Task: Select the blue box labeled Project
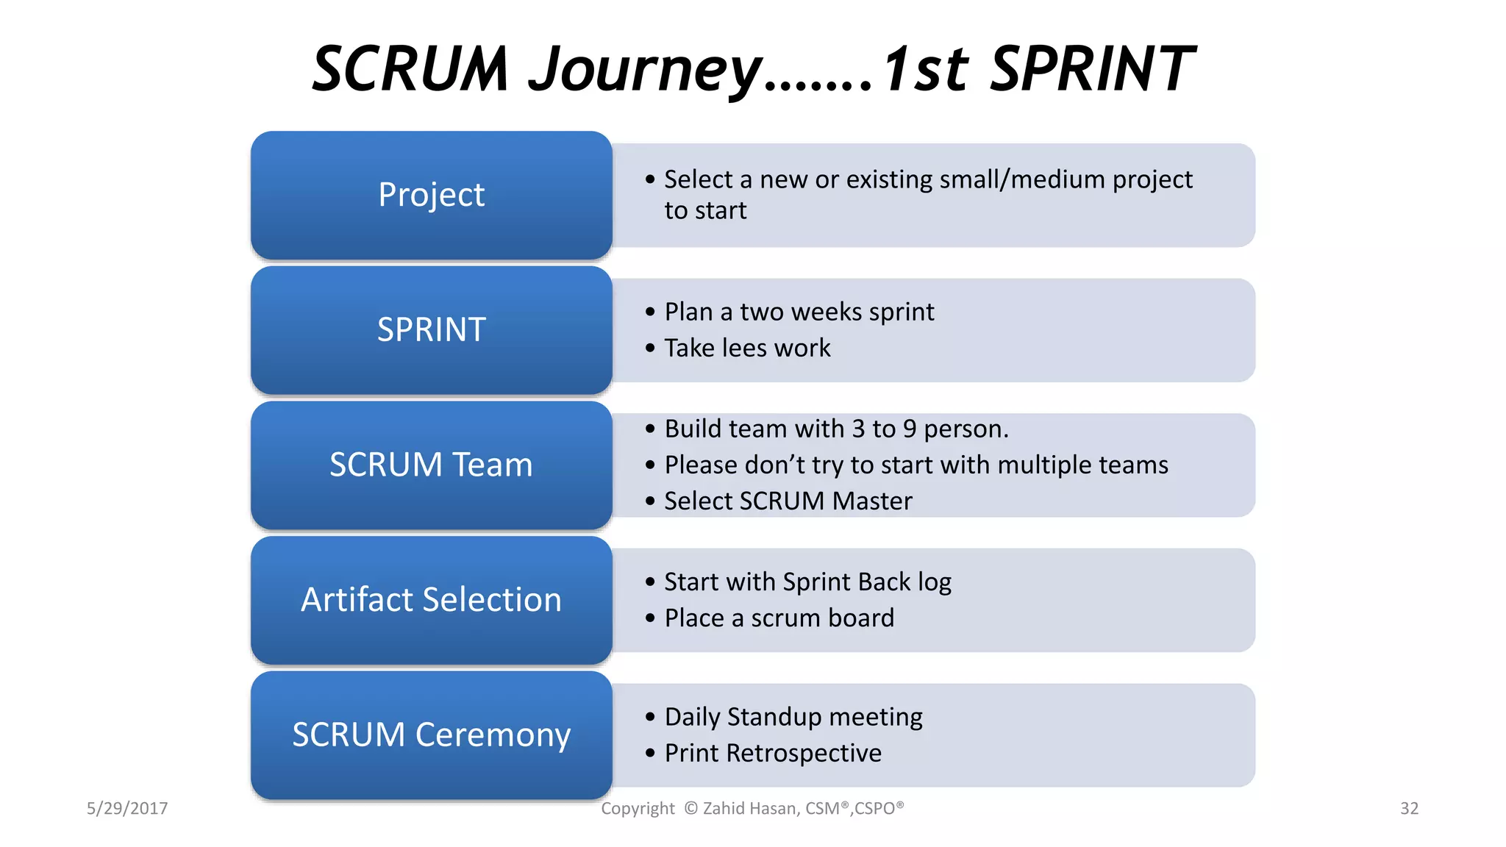[x=431, y=195]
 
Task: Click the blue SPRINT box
[x=431, y=330]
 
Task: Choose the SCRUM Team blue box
[x=431, y=465]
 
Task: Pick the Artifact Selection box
[x=431, y=600]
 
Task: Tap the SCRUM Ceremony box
[x=431, y=735]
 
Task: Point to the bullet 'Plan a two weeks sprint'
[x=799, y=312]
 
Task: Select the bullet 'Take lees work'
[x=747, y=348]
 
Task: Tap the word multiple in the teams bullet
[x=1044, y=465]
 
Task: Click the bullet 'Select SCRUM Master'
[x=788, y=501]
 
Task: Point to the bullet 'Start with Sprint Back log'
[x=807, y=582]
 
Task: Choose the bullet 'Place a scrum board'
[x=779, y=618]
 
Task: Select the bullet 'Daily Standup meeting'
[x=793, y=717]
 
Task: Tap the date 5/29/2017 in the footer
[x=127, y=809]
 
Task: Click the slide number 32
[x=1409, y=809]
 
